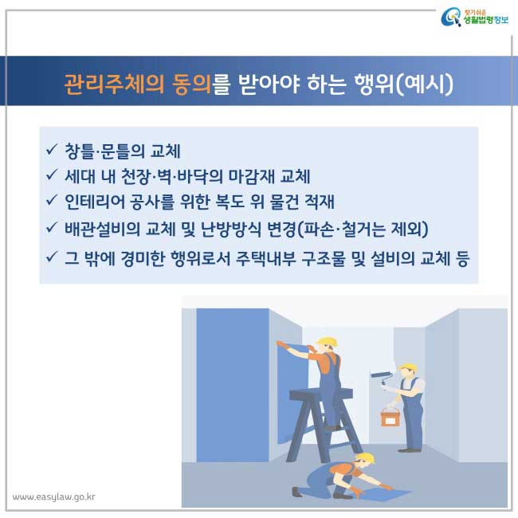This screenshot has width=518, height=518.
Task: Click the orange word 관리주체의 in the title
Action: tap(114, 84)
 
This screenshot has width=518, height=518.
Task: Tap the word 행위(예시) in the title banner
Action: tap(403, 84)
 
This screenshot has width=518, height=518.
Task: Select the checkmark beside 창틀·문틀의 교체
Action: tap(52, 149)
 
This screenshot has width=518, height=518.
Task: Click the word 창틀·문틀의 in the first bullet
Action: tap(104, 151)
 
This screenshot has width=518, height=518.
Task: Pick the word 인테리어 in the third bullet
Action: tap(94, 202)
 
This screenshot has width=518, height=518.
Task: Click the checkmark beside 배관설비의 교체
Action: tap(52, 227)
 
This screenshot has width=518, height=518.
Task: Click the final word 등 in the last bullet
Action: tap(462, 258)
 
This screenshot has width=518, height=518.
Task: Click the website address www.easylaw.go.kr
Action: tap(54, 496)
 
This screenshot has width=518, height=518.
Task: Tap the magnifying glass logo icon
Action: tap(451, 18)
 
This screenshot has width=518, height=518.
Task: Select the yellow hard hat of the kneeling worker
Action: tap(365, 458)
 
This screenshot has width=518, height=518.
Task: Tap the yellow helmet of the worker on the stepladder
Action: tap(327, 342)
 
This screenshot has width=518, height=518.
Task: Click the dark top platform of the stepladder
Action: tap(321, 394)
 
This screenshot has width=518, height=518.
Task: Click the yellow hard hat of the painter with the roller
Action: tap(408, 367)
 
